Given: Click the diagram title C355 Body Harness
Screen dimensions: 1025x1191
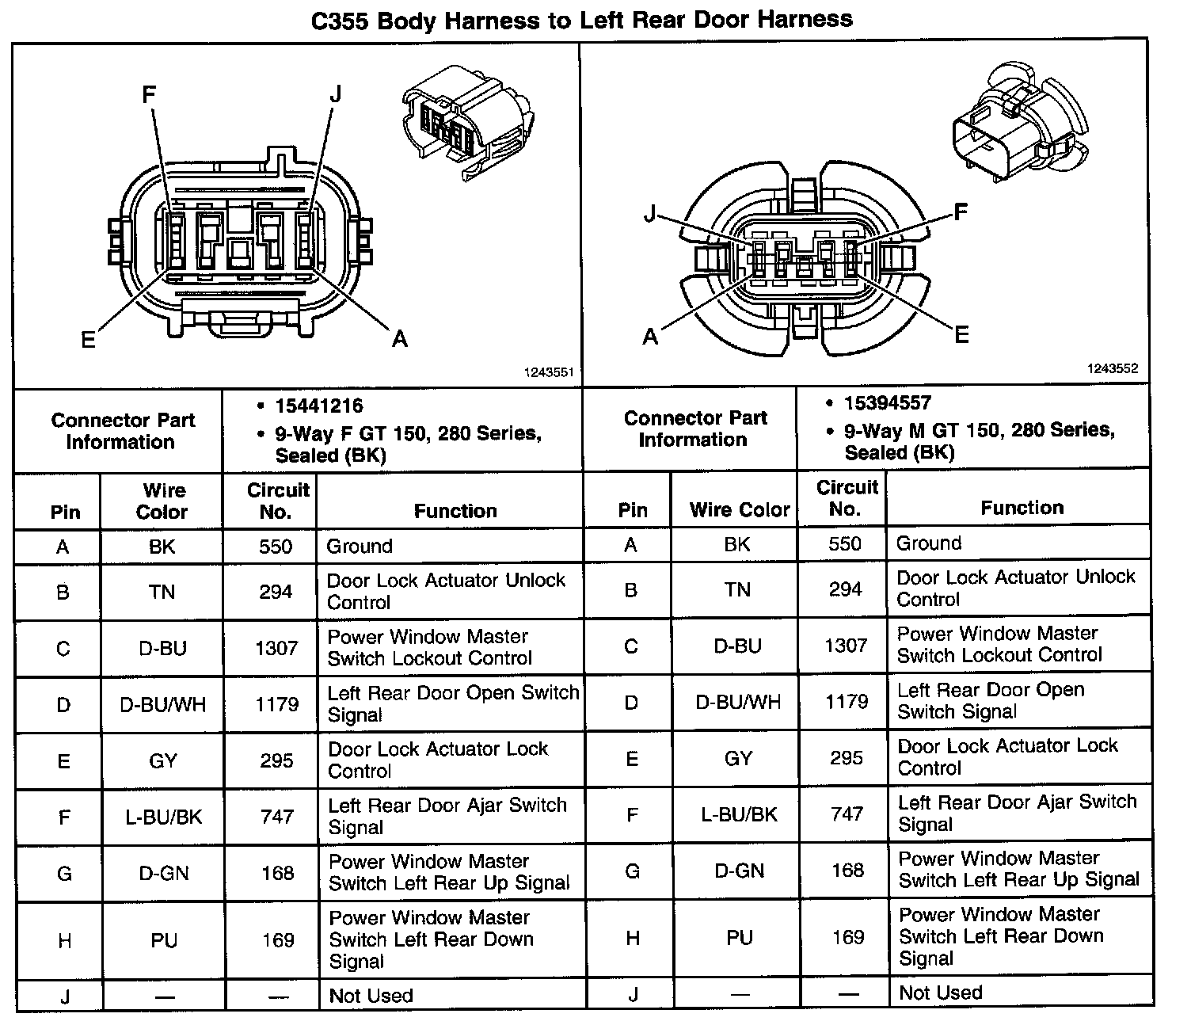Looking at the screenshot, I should (581, 19).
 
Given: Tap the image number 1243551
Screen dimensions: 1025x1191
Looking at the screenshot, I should (548, 372).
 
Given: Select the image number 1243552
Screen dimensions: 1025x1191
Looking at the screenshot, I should (1112, 368).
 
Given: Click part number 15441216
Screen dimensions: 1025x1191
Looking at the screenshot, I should (319, 406).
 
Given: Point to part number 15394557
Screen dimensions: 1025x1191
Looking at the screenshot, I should (887, 403).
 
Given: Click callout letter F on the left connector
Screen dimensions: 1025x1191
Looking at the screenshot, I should (149, 95).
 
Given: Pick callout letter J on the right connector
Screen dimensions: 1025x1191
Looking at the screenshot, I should (650, 213).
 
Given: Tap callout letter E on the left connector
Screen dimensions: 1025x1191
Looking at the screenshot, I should (89, 340).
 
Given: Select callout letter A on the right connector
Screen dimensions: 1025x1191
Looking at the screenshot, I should (650, 337).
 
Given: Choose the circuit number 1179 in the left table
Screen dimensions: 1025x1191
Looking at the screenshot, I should (277, 704).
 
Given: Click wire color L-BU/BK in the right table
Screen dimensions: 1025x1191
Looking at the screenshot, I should (739, 814).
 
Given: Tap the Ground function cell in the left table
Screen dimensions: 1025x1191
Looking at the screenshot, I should (360, 547).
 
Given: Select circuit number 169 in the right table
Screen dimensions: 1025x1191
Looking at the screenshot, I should (848, 937).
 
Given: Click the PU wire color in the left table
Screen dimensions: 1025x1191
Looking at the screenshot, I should (164, 940).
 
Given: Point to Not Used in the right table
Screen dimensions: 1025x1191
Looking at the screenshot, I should (941, 993).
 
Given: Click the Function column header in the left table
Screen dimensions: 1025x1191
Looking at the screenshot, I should (455, 511).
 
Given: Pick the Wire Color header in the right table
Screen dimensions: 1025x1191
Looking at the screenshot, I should (740, 510).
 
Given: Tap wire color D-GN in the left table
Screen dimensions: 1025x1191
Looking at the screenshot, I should (164, 873).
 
